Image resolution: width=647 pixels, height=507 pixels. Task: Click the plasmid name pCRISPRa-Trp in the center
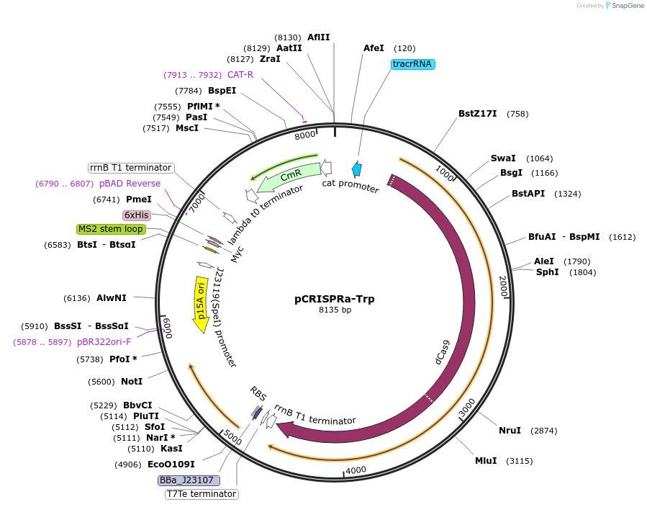[334, 299]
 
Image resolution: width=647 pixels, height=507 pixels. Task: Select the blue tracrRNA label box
[413, 64]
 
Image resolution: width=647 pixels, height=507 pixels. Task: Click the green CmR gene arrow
[290, 176]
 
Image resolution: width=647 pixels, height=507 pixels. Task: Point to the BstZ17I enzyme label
[477, 114]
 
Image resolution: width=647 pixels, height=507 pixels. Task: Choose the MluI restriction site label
[486, 461]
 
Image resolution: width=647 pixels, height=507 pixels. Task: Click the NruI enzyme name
[510, 431]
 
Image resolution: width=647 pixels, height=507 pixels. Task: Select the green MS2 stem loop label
[111, 229]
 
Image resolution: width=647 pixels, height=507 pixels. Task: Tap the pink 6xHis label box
[137, 215]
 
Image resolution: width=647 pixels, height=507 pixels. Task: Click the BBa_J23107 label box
[189, 480]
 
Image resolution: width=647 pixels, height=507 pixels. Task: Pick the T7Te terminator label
[202, 494]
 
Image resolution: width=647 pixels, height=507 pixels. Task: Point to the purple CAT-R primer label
[240, 75]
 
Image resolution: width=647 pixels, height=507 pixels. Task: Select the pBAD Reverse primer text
[130, 184]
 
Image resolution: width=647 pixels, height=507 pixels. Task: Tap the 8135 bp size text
[335, 310]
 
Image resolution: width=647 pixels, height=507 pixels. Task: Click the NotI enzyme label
[132, 382]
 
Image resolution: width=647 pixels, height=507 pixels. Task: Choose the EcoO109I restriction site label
[171, 465]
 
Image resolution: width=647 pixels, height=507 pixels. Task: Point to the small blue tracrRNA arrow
[356, 169]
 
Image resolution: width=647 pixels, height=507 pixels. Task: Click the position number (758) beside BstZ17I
[517, 114]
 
